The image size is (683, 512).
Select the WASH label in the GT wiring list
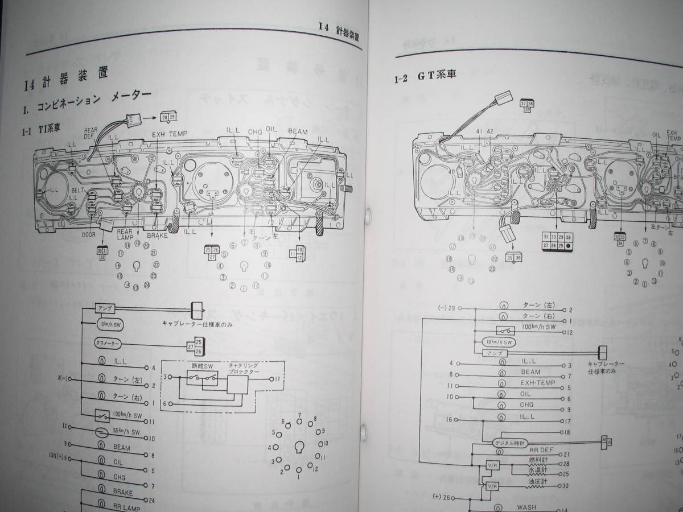point(526,508)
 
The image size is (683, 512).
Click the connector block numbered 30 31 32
point(103,253)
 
